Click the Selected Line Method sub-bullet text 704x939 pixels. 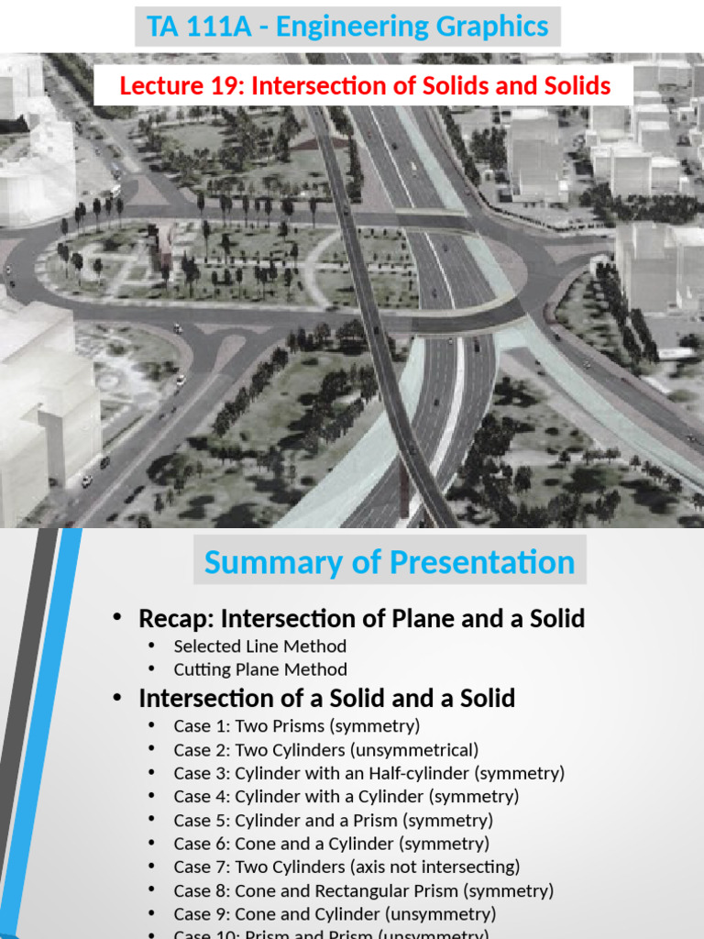(259, 646)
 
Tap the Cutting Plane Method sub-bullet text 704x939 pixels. (259, 669)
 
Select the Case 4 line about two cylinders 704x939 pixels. (346, 796)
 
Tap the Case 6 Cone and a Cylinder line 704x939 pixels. (331, 844)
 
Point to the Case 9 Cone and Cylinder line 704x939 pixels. (335, 914)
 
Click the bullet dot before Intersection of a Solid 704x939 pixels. (116, 699)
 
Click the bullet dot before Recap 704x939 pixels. (116, 619)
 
